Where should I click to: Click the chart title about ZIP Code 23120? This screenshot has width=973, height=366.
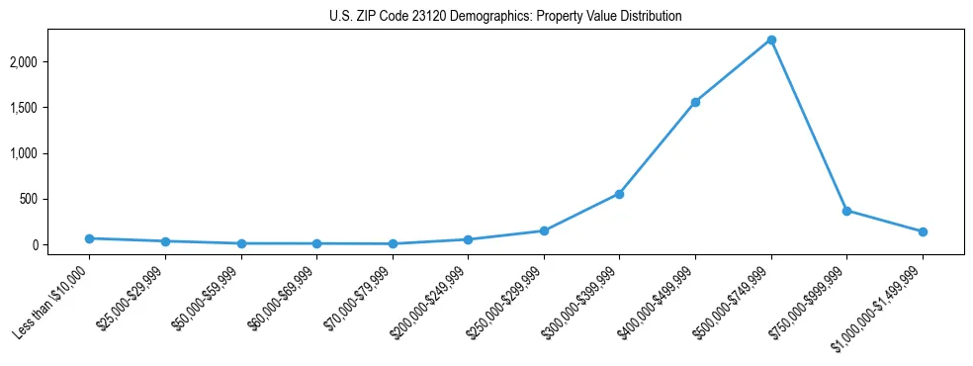505,17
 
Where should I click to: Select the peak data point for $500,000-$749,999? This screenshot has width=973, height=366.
771,41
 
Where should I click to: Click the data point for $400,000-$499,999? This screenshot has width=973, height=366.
695,102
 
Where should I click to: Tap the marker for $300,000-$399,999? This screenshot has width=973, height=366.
619,194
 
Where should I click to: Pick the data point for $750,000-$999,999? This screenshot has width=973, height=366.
846,211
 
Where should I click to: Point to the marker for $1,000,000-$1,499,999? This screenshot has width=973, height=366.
923,231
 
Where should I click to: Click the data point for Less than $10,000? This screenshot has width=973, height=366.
89,238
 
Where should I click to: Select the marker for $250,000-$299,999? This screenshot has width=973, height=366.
544,230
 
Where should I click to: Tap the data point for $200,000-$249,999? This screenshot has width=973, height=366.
468,239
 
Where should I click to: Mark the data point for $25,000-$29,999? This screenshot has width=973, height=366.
165,241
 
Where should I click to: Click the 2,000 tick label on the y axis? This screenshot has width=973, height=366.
49,62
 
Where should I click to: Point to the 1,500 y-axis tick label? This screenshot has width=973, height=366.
49,108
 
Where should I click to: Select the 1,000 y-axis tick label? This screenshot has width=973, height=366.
49,153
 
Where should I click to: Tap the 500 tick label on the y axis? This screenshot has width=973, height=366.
55,199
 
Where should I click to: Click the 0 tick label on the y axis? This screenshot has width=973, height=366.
60,244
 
